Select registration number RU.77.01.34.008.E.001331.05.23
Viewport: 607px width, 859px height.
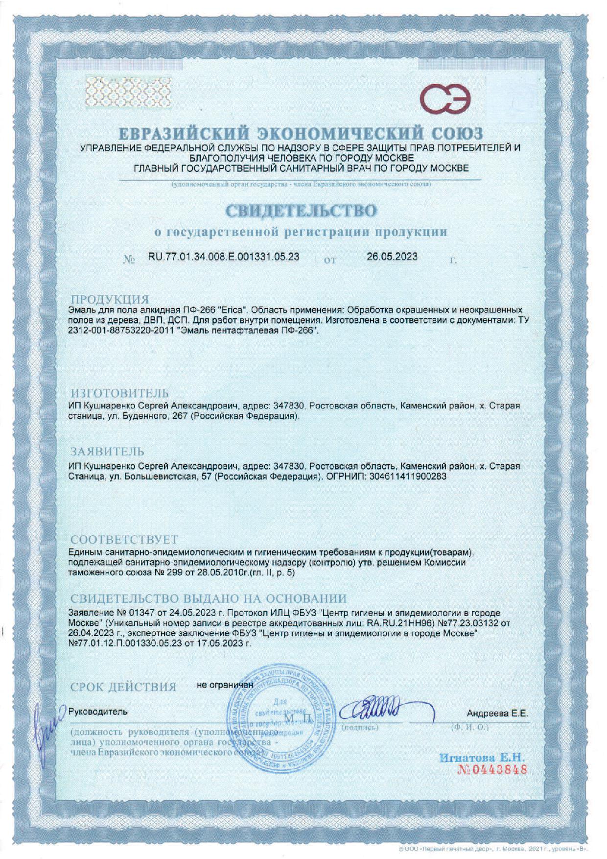223,257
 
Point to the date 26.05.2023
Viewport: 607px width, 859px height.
392,257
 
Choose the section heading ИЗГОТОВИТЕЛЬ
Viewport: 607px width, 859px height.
120,393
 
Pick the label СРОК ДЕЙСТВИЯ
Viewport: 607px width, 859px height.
123,687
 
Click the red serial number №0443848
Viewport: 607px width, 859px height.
491,769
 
